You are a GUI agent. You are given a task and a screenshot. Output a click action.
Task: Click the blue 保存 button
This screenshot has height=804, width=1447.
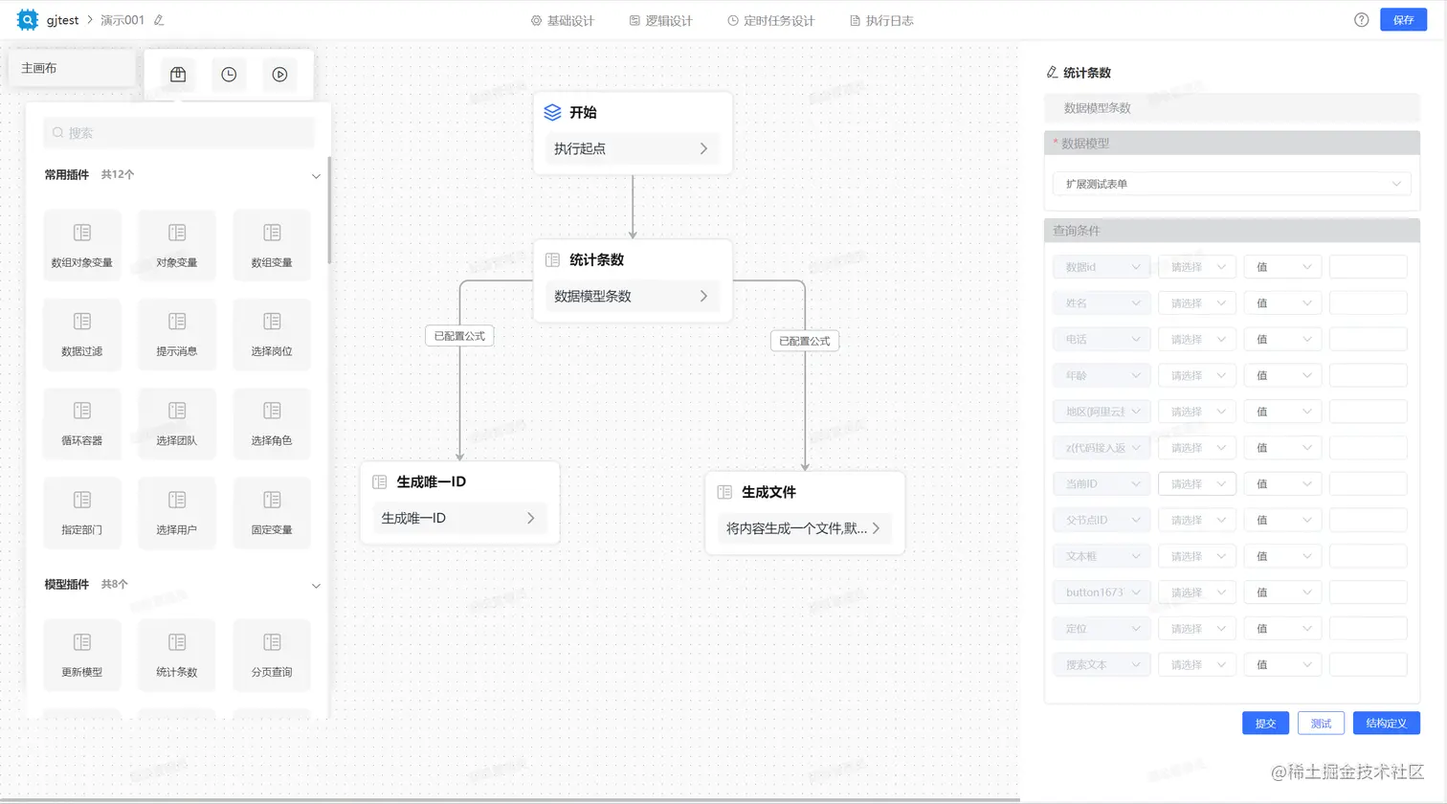tap(1403, 20)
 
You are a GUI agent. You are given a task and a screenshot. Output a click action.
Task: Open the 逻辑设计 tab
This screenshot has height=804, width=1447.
tap(660, 20)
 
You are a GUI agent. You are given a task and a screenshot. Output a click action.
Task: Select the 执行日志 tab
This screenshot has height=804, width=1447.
tap(881, 20)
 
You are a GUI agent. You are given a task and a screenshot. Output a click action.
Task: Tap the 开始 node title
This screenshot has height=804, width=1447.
tap(582, 113)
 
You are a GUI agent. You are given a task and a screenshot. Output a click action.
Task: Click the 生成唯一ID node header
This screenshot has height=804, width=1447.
tap(431, 482)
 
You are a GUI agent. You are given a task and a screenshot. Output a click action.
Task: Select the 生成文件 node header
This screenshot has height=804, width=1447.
tap(768, 492)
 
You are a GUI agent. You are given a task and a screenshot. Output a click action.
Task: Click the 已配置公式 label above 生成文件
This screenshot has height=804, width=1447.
tap(804, 341)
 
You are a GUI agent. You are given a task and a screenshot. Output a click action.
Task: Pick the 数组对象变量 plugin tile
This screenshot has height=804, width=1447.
tap(82, 244)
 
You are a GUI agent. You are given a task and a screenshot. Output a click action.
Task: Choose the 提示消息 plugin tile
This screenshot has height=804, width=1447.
tap(177, 333)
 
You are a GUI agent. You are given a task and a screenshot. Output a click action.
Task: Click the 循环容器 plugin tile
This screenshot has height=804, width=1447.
tap(82, 422)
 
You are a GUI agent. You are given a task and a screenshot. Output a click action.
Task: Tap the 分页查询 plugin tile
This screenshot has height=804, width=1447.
tap(272, 654)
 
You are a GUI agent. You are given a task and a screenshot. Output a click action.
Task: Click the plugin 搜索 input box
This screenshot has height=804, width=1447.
tap(179, 133)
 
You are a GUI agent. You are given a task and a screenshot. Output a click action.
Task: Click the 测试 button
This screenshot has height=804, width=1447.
tap(1321, 724)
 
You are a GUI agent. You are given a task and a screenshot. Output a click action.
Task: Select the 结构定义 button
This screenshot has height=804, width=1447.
tap(1386, 724)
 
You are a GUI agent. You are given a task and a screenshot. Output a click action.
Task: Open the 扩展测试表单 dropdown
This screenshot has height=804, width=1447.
tap(1231, 184)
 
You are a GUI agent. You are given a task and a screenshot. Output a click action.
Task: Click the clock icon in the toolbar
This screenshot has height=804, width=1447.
tap(229, 75)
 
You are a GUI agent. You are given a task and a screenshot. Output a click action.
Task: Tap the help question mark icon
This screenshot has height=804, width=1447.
tap(1361, 20)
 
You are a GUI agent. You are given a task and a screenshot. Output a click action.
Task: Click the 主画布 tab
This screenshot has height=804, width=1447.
tap(39, 68)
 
